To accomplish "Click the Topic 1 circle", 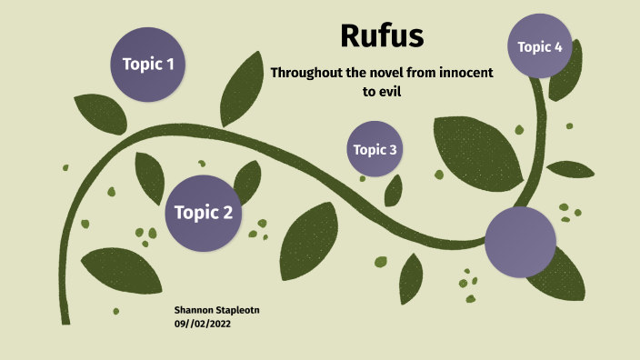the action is (148, 64).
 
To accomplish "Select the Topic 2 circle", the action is (203, 213).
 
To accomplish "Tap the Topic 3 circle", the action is (375, 149).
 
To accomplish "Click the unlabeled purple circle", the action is (520, 242).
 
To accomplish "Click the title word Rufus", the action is (382, 35).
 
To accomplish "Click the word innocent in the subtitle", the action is (460, 73).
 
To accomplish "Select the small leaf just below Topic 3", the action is (394, 190).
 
